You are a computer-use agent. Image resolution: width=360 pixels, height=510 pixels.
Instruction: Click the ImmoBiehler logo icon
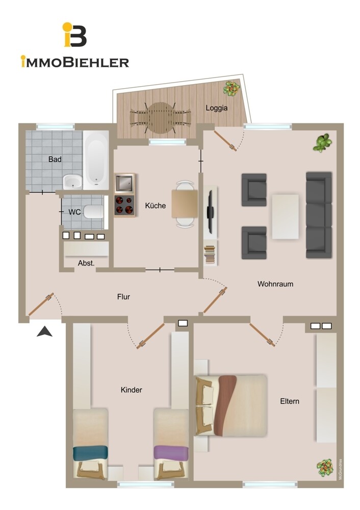tap(74, 35)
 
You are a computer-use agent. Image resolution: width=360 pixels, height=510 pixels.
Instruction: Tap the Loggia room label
tap(216, 108)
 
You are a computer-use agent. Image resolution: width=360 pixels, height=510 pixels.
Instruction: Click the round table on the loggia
tap(160, 117)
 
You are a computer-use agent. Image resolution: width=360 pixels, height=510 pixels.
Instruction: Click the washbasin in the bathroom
tap(73, 181)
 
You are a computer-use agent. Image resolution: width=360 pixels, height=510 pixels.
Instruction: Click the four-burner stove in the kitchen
tap(124, 206)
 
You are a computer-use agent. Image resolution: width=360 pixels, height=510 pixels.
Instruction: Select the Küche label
tap(155, 206)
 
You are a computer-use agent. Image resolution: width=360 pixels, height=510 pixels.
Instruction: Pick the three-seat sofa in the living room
tap(319, 214)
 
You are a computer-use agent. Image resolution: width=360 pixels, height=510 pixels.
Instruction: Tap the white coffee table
tap(285, 216)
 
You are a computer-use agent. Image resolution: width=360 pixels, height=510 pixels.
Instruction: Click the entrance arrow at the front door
tap(45, 331)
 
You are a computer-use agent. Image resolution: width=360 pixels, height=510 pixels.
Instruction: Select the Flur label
tap(123, 296)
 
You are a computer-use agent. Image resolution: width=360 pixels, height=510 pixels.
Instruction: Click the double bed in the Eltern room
tap(232, 405)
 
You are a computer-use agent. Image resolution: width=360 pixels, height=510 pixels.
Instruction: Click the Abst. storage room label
tap(86, 263)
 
